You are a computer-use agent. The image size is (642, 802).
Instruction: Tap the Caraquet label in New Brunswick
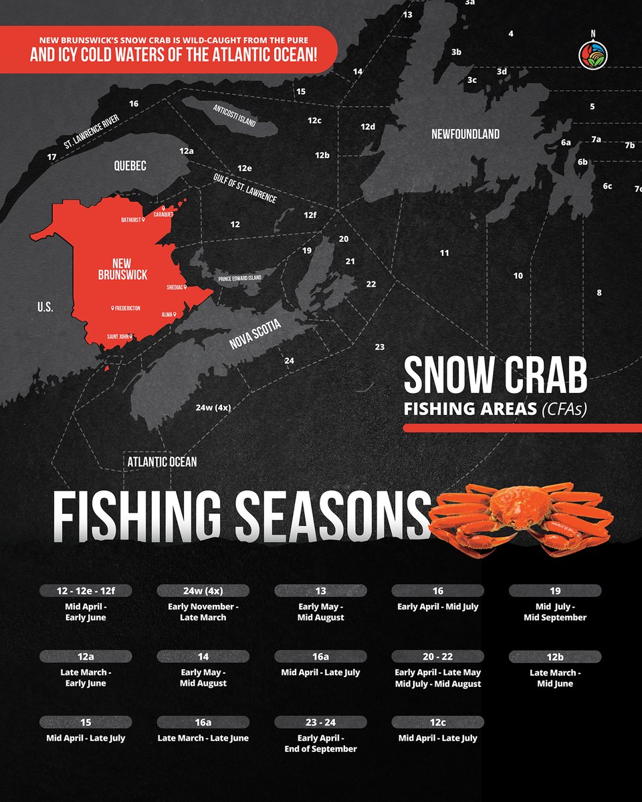[x=163, y=215]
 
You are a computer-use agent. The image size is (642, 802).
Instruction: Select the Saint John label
[x=119, y=336]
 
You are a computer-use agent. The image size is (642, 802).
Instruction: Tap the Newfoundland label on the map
[x=465, y=134]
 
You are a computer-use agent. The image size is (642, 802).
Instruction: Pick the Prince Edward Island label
[x=239, y=278]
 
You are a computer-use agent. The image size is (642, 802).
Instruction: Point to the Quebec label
[x=130, y=166]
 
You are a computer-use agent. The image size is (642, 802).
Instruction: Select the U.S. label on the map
[x=45, y=307]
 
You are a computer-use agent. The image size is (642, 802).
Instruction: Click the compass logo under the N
[x=592, y=55]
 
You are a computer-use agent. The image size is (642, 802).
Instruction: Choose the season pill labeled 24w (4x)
[x=203, y=591]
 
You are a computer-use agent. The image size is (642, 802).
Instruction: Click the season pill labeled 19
[x=555, y=591]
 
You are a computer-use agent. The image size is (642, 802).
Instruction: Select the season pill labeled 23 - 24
[x=320, y=722]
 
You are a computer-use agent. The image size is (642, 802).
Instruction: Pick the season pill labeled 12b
[x=555, y=657]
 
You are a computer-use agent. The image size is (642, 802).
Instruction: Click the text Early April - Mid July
[x=438, y=607]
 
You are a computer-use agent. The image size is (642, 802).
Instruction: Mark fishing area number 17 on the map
[x=51, y=156]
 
